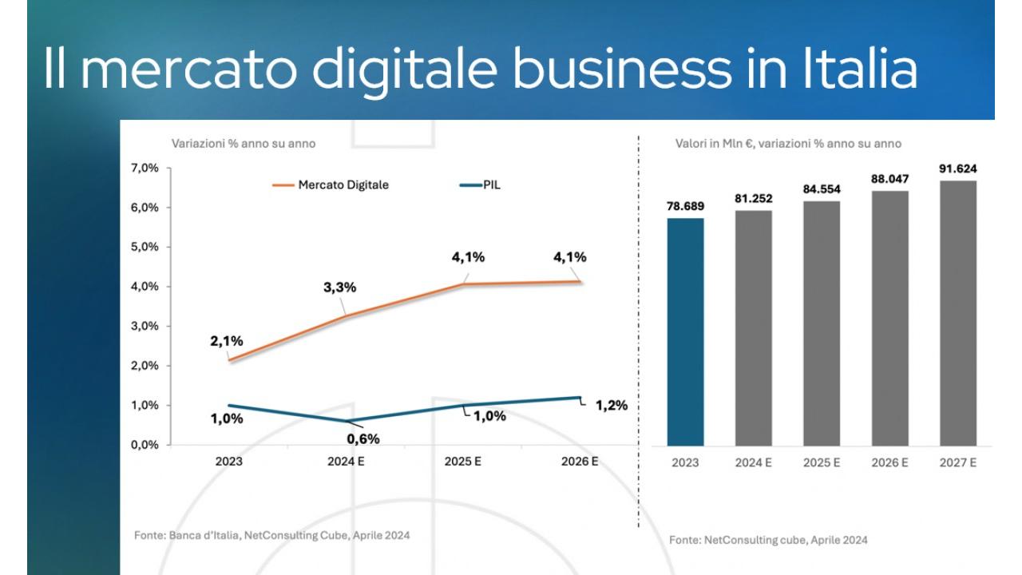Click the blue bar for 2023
[685, 331]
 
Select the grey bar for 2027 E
[958, 313]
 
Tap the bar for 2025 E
[822, 323]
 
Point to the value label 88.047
[889, 180]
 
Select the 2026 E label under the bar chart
[889, 463]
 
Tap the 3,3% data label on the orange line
[339, 287]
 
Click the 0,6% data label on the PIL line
[362, 438]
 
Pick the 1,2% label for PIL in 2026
[612, 406]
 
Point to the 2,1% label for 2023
[227, 341]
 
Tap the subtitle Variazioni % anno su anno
[244, 144]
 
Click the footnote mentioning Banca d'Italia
[271, 535]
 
